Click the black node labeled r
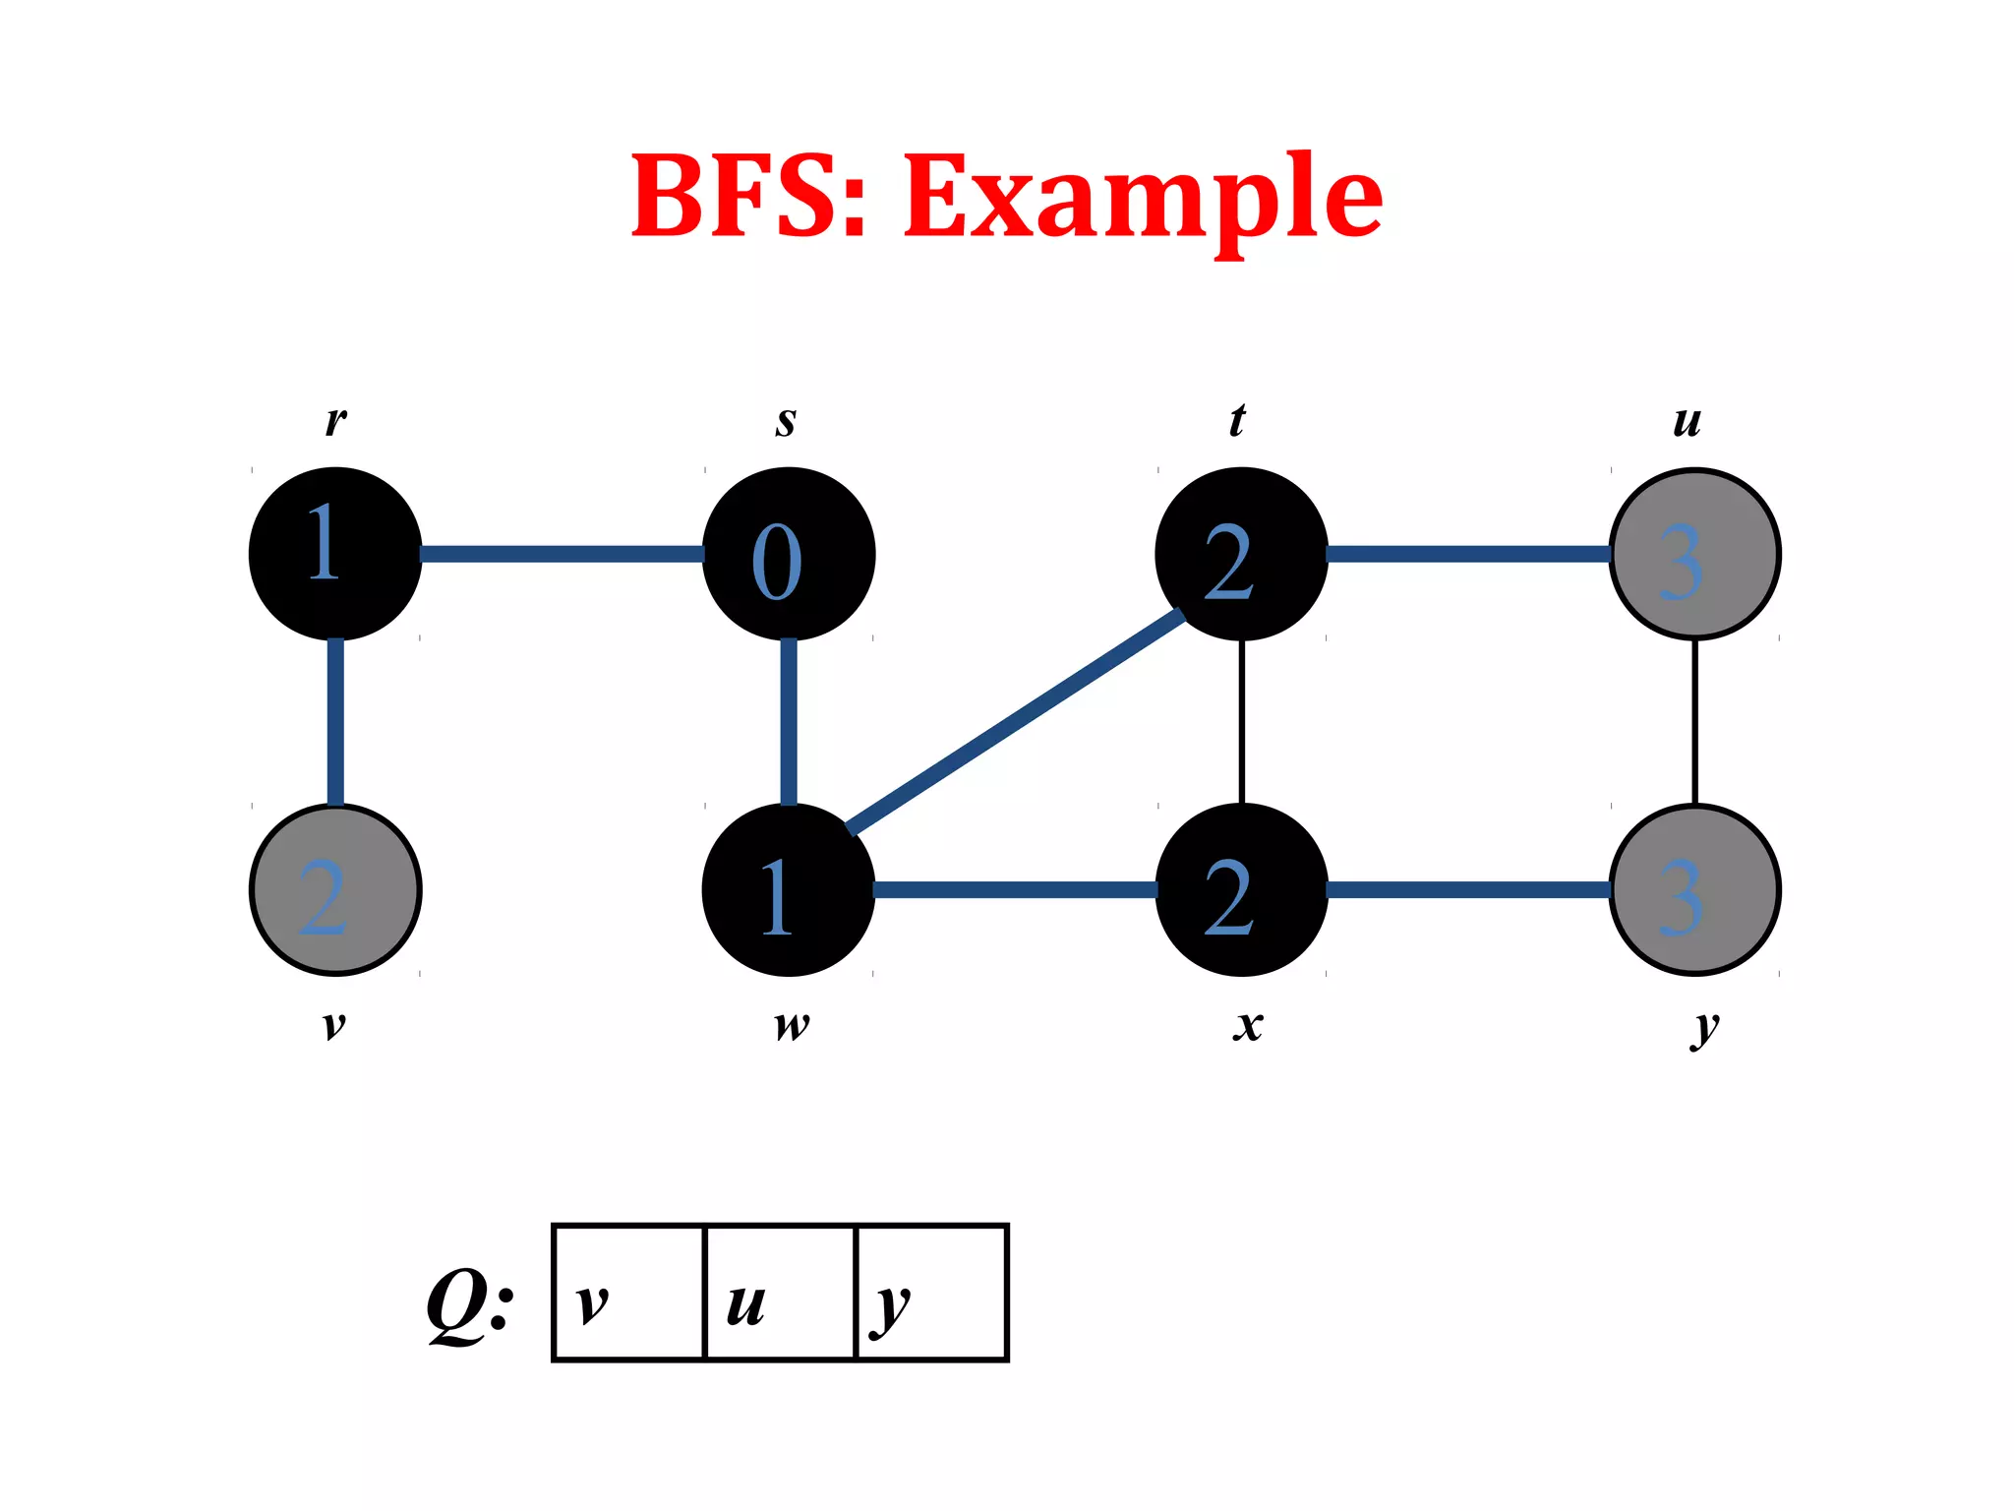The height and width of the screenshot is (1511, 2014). pos(335,554)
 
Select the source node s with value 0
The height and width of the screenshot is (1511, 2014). pos(789,554)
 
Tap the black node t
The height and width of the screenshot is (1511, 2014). pos(1241,554)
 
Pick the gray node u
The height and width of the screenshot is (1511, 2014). pos(1694,554)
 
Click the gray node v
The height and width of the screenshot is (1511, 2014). pos(335,890)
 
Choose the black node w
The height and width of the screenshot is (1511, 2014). pos(789,890)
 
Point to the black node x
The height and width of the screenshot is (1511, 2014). pos(1241,890)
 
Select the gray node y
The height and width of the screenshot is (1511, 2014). pos(1694,890)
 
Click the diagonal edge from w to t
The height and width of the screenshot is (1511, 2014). pos(1015,722)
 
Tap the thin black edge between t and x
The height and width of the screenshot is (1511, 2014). pos(1242,722)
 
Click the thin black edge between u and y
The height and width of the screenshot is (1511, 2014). pos(1694,722)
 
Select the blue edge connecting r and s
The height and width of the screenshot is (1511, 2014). pos(563,554)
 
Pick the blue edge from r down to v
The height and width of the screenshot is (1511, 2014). pos(335,722)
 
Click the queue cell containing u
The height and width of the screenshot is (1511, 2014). pos(781,1293)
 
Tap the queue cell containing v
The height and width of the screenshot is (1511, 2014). pos(629,1293)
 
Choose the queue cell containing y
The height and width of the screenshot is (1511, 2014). pos(932,1293)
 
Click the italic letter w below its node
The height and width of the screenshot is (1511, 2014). pos(792,1026)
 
